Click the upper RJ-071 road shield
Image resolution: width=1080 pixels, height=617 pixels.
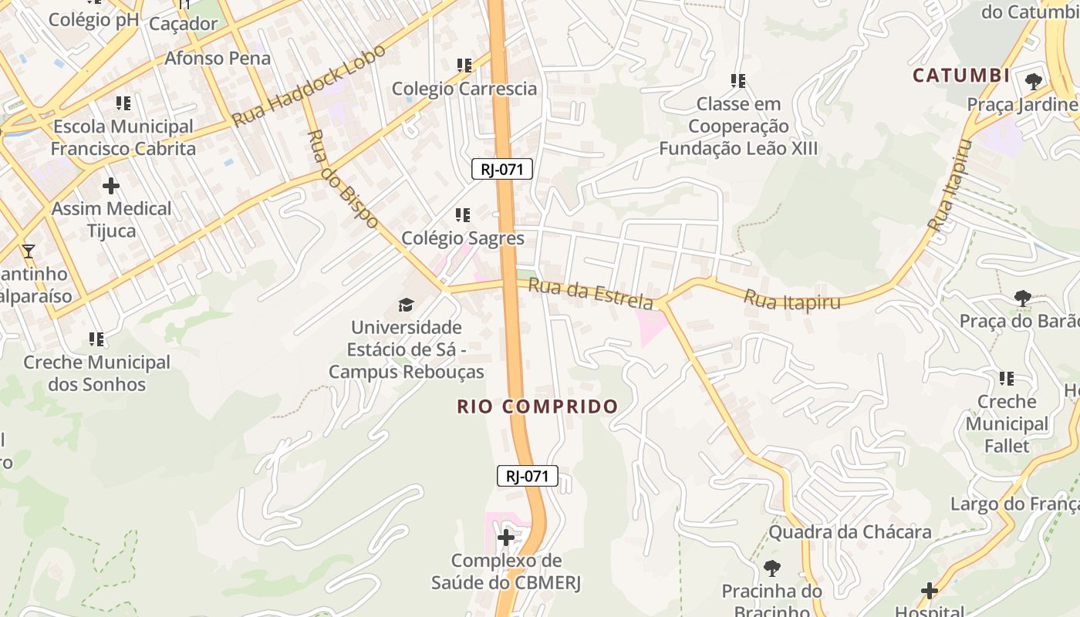pos(502,169)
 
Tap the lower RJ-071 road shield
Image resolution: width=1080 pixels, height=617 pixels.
pos(527,476)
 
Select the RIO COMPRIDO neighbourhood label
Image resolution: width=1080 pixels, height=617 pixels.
pos(537,406)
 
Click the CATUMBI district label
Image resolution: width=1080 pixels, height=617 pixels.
pos(961,76)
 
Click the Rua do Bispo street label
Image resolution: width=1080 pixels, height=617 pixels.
pos(342,178)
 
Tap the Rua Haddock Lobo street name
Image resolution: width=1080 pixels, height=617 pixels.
pos(309,86)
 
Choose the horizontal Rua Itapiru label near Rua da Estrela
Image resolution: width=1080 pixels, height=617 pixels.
pos(791,300)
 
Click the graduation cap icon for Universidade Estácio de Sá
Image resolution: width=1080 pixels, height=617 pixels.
pos(406,305)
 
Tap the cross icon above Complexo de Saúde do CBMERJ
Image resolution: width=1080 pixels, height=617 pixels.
pos(506,538)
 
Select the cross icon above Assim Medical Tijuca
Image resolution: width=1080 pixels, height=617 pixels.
pos(111,186)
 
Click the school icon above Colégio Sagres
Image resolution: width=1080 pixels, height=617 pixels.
pos(463,215)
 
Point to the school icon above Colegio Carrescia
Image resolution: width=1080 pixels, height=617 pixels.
pos(464,66)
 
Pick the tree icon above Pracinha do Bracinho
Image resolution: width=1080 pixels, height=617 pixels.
pos(771,568)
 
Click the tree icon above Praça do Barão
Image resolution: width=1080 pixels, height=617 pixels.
pos(1023,298)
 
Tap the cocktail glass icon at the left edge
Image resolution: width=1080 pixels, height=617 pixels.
pos(29,251)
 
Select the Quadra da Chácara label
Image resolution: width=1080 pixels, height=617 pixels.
pos(850,532)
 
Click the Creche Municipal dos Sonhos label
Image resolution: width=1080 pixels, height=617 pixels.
pos(96,373)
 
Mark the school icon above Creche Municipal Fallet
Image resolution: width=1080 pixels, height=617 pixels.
pos(1007,379)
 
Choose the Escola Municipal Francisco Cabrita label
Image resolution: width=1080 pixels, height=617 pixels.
pos(123,137)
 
